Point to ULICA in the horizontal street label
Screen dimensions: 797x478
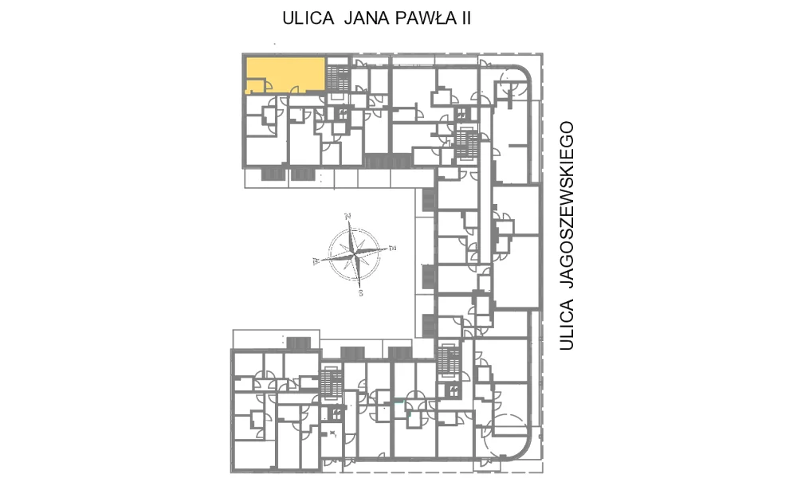[x=308, y=18]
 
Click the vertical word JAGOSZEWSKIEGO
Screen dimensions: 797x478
[x=566, y=205]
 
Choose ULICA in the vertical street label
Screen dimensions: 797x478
[x=566, y=325]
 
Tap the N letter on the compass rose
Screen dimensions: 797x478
[x=348, y=217]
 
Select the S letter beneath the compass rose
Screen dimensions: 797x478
[x=361, y=293]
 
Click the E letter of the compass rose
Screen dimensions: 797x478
[x=392, y=249]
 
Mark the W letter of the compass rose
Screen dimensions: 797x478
[x=316, y=261]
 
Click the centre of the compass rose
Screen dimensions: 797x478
[x=355, y=254]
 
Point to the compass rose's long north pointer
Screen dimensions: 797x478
[x=351, y=237]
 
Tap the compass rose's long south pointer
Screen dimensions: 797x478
[x=358, y=272]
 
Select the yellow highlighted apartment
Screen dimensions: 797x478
[x=285, y=75]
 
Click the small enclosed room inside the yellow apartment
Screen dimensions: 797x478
[x=256, y=85]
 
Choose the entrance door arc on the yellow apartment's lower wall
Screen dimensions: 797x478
[x=294, y=89]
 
